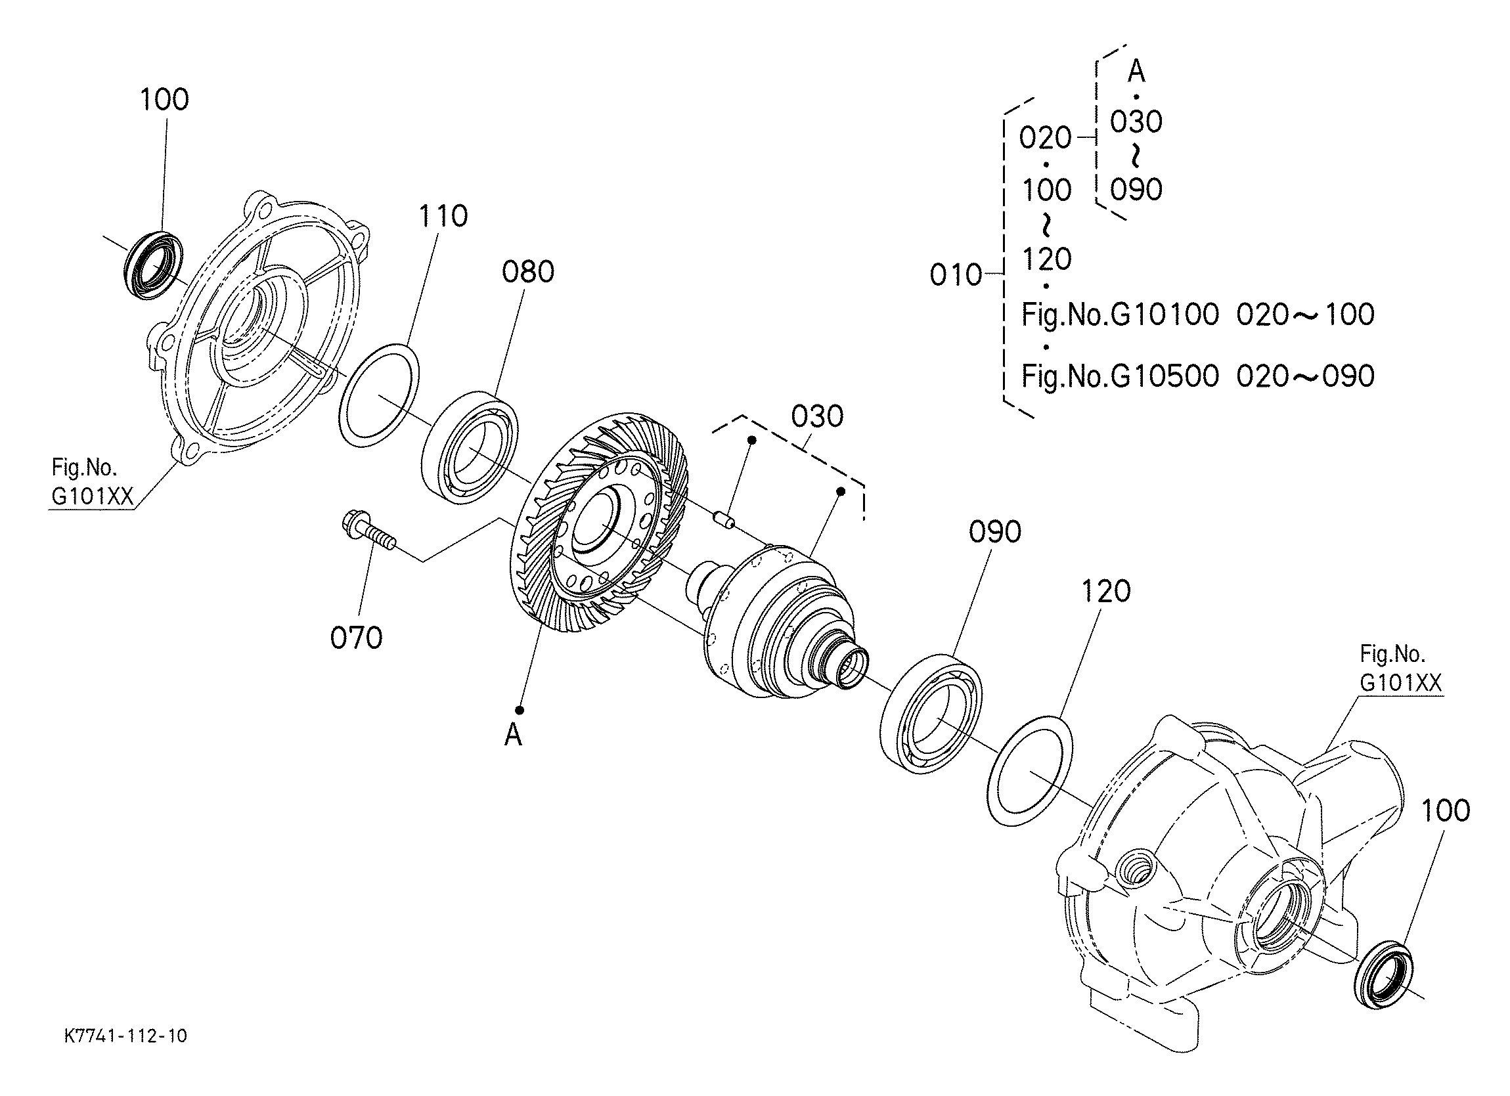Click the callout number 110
[x=443, y=217]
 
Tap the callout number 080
[x=528, y=273]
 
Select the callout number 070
[x=356, y=638]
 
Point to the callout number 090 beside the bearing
[x=994, y=532]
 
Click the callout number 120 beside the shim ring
[x=1106, y=591]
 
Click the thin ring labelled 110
[x=380, y=393]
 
